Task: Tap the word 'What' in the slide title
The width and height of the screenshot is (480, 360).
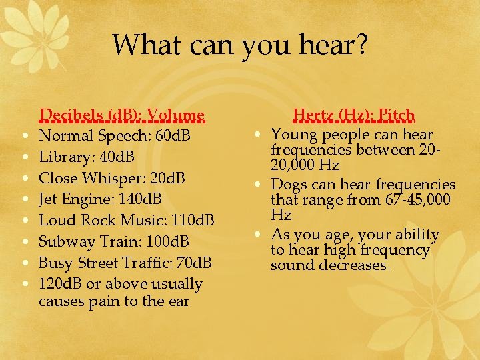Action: point(139,45)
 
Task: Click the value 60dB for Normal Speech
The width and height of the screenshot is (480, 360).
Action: point(171,136)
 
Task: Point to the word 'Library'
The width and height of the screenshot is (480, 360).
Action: point(63,157)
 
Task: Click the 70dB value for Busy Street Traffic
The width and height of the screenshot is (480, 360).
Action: point(193,263)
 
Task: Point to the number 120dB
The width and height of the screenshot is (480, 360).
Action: point(61,283)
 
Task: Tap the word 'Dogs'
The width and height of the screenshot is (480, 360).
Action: point(288,184)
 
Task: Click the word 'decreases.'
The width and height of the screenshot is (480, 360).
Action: point(353,265)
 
